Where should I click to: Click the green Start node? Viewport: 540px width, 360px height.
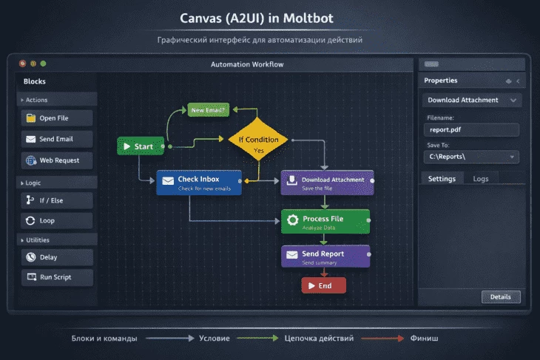(x=140, y=146)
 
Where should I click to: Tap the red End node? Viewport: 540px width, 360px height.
(x=323, y=285)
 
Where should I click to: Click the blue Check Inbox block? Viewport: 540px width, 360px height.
(x=198, y=183)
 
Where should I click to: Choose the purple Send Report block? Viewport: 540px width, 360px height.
(x=325, y=257)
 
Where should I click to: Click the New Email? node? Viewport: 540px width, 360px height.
(x=209, y=110)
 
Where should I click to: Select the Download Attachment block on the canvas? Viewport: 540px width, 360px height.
(x=327, y=183)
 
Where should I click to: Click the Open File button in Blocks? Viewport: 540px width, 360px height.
(x=56, y=118)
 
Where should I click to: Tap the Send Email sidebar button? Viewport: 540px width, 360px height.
(x=56, y=139)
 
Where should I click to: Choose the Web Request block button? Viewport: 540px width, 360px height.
(x=56, y=160)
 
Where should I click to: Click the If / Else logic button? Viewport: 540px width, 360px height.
(x=56, y=200)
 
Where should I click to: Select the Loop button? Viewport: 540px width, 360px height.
(x=56, y=220)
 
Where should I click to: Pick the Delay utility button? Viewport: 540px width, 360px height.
(x=56, y=257)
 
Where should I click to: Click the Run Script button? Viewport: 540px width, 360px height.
(x=56, y=277)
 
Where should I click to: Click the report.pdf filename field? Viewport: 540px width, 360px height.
(x=473, y=130)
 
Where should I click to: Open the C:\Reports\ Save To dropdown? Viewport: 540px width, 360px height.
(x=473, y=157)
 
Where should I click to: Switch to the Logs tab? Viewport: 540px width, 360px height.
(x=481, y=179)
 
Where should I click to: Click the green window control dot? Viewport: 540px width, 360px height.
(x=43, y=64)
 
